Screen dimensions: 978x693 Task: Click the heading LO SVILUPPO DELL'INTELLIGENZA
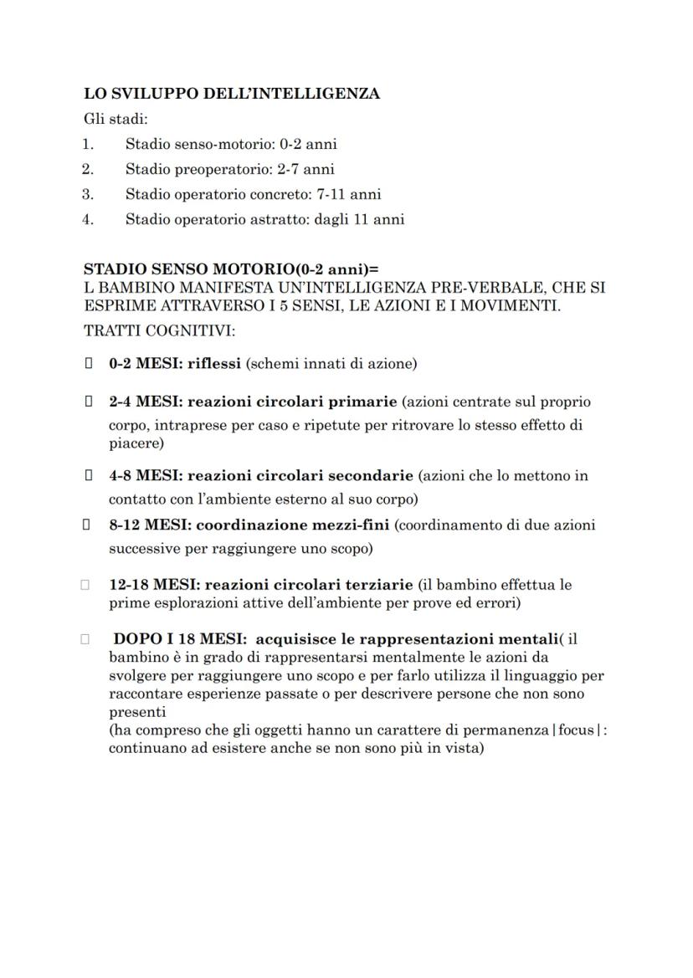click(232, 94)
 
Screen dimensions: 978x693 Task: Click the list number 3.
click(87, 194)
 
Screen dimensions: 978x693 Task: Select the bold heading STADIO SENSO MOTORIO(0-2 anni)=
click(231, 270)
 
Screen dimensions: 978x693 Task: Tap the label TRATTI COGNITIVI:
click(159, 330)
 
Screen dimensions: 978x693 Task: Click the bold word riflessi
click(213, 364)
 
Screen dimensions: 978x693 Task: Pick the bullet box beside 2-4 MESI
click(87, 402)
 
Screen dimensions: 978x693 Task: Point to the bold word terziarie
click(381, 585)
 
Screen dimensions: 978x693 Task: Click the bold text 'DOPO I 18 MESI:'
click(174, 639)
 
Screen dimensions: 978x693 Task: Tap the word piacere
click(136, 443)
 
